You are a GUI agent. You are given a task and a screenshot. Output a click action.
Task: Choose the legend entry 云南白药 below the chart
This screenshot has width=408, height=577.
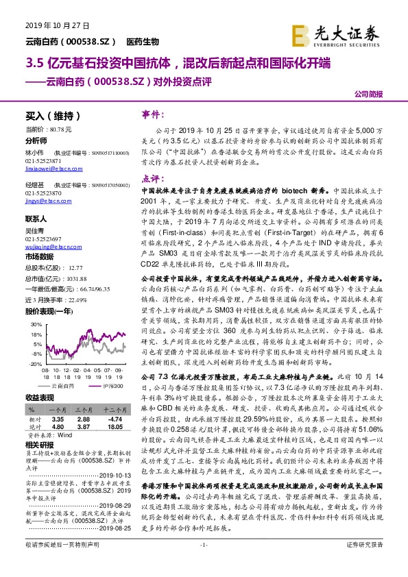point(56,386)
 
